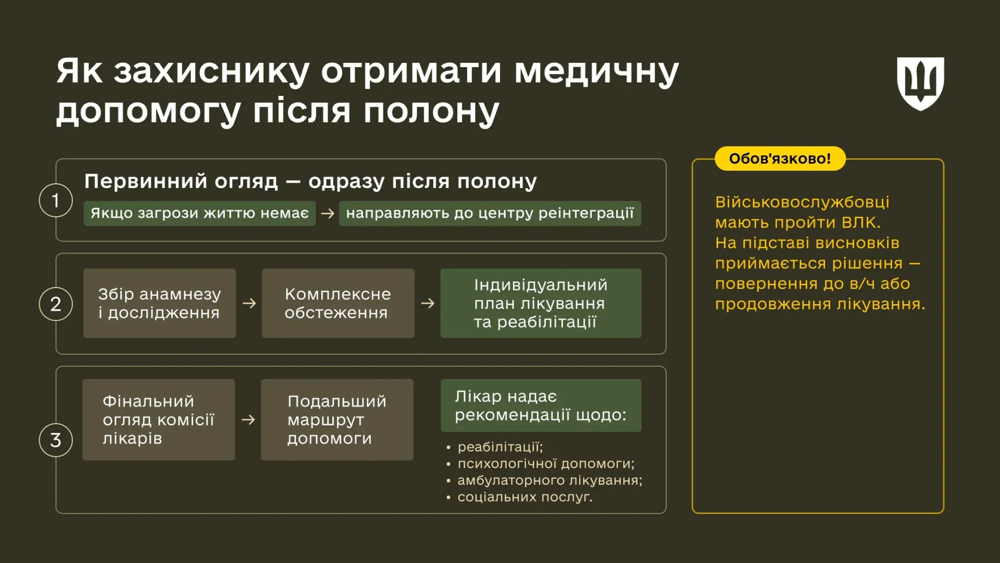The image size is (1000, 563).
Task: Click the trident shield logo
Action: tap(920, 83)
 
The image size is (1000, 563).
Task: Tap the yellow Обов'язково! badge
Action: tap(780, 159)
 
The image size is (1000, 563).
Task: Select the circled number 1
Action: tap(56, 201)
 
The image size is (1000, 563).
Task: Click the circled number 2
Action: tap(56, 304)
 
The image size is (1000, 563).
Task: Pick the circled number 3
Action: tap(56, 440)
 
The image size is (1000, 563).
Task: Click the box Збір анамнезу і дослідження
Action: tap(159, 303)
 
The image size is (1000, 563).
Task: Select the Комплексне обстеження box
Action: tap(337, 303)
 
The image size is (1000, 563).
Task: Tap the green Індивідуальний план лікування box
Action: tap(541, 303)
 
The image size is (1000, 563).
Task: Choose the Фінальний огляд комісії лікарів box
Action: tap(158, 419)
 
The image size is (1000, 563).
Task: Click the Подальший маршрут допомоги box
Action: tap(337, 419)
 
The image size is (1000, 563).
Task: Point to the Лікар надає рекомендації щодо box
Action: tap(541, 405)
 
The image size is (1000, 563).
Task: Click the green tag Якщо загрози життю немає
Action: tap(199, 214)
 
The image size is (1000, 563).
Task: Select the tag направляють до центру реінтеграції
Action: tap(490, 214)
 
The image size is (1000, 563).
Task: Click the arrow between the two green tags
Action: tap(328, 214)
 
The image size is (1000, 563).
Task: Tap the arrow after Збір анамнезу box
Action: tap(249, 303)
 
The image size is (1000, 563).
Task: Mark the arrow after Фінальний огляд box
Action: tap(248, 419)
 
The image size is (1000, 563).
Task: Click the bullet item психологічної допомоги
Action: tap(545, 464)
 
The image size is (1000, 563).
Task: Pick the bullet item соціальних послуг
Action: tap(524, 497)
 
